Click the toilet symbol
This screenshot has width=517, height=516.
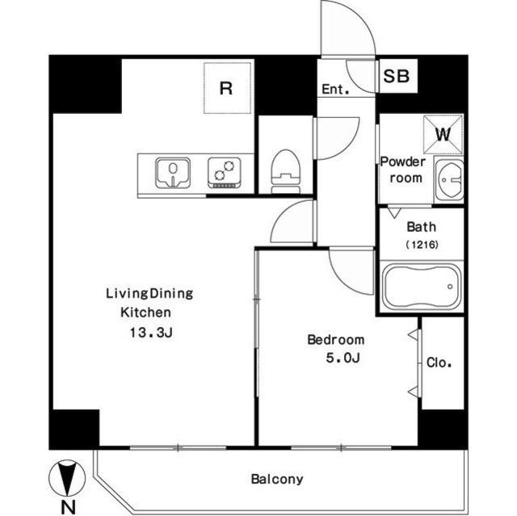285,172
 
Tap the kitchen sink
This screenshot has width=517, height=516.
173,173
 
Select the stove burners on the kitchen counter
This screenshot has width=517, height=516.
224,172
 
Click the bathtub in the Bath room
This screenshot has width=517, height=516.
422,286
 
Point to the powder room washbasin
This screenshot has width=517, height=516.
449,179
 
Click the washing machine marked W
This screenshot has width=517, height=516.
443,134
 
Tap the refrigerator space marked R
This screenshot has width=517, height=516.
228,88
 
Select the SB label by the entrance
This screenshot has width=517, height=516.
397,76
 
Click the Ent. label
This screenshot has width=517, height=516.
335,90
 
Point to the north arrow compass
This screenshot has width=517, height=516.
67,477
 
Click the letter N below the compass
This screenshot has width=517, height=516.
68,507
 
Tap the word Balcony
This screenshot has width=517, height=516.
277,479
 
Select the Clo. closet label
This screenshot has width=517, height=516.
439,363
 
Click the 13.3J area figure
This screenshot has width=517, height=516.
151,333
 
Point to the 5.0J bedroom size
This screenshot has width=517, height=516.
343,358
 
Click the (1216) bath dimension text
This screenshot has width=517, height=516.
422,245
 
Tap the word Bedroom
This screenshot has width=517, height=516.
336,340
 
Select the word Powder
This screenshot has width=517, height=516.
403,162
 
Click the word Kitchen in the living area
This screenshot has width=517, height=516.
145,313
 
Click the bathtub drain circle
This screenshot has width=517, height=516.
450,287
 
